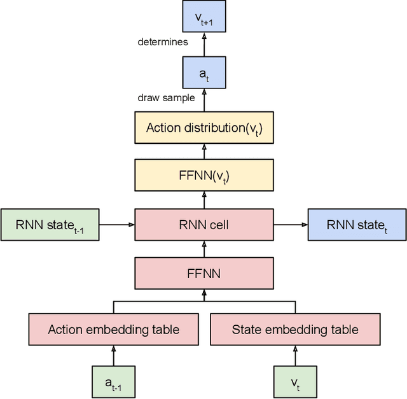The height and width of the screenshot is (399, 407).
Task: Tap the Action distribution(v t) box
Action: pyautogui.click(x=204, y=127)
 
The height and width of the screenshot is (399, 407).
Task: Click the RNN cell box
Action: pyautogui.click(x=204, y=225)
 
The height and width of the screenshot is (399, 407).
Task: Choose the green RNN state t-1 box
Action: pyautogui.click(x=50, y=225)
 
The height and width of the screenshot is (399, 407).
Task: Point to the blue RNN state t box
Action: pyautogui.click(x=357, y=225)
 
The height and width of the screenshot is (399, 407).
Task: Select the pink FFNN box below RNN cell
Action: pyautogui.click(x=204, y=273)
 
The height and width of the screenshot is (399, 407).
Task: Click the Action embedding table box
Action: pyautogui.click(x=113, y=330)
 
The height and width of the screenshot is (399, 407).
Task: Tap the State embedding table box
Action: pyautogui.click(x=295, y=330)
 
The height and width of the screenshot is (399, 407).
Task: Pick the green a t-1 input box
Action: pyautogui.click(x=113, y=382)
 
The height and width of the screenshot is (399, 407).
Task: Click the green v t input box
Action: pyautogui.click(x=295, y=382)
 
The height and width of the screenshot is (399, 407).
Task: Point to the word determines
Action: pyautogui.click(x=163, y=43)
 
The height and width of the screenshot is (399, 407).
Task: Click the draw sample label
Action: pyautogui.click(x=166, y=98)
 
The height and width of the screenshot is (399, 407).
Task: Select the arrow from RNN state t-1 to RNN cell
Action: pyautogui.click(x=117, y=225)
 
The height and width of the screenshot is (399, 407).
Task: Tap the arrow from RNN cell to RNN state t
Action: pyautogui.click(x=291, y=225)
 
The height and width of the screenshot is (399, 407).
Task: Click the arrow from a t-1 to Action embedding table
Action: pyautogui.click(x=113, y=356)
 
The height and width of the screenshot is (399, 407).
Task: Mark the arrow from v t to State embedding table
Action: pyautogui.click(x=295, y=356)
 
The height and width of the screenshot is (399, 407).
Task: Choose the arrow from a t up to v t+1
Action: pyautogui.click(x=204, y=45)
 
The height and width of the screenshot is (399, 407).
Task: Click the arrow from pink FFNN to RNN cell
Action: pyautogui.click(x=204, y=249)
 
